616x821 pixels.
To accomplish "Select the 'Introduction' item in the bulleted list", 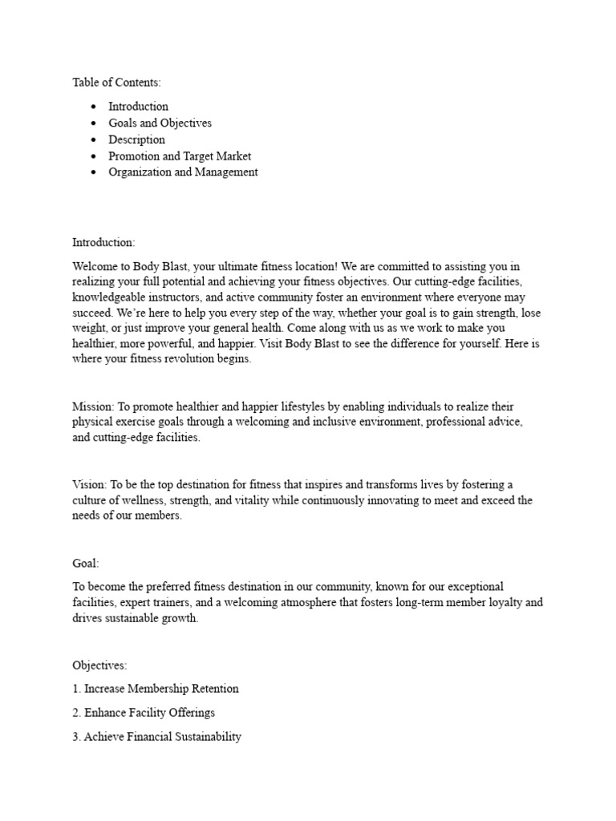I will [x=138, y=107].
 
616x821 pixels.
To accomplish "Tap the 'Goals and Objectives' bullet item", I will [x=160, y=123].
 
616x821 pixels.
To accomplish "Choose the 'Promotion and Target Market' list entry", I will [x=180, y=156].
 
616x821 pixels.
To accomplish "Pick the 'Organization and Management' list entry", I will [x=183, y=172].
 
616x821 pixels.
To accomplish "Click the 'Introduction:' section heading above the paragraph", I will [x=103, y=242].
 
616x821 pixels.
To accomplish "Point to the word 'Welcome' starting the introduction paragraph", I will [x=95, y=266].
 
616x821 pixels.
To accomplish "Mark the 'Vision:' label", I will [x=89, y=484].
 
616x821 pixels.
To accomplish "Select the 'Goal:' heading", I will [x=86, y=564].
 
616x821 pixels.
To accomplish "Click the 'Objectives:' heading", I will [x=99, y=665].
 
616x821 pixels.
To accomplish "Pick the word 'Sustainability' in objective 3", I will [x=204, y=737].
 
